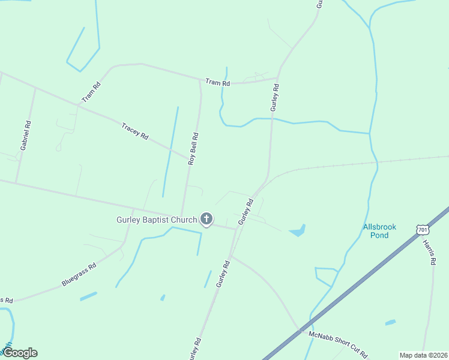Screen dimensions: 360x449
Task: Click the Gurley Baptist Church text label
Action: [x=156, y=220]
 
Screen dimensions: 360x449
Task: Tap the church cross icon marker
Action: [x=206, y=219]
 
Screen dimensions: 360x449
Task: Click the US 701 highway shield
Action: [x=423, y=230]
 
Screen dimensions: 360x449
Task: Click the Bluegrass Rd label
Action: [x=79, y=275]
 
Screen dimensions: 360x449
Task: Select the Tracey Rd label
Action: [x=134, y=131]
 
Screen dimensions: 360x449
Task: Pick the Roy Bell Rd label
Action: [x=193, y=149]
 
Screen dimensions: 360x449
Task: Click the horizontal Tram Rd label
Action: [x=217, y=82]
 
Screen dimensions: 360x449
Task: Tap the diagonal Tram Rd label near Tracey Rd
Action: [x=91, y=92]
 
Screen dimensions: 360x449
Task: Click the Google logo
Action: [x=20, y=353]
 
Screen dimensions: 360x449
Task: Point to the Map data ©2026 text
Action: [x=423, y=355]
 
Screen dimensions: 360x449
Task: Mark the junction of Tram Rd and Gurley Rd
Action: [x=277, y=78]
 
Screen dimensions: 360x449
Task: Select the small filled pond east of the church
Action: [x=298, y=231]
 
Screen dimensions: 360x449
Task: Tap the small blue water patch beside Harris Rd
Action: [x=391, y=322]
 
